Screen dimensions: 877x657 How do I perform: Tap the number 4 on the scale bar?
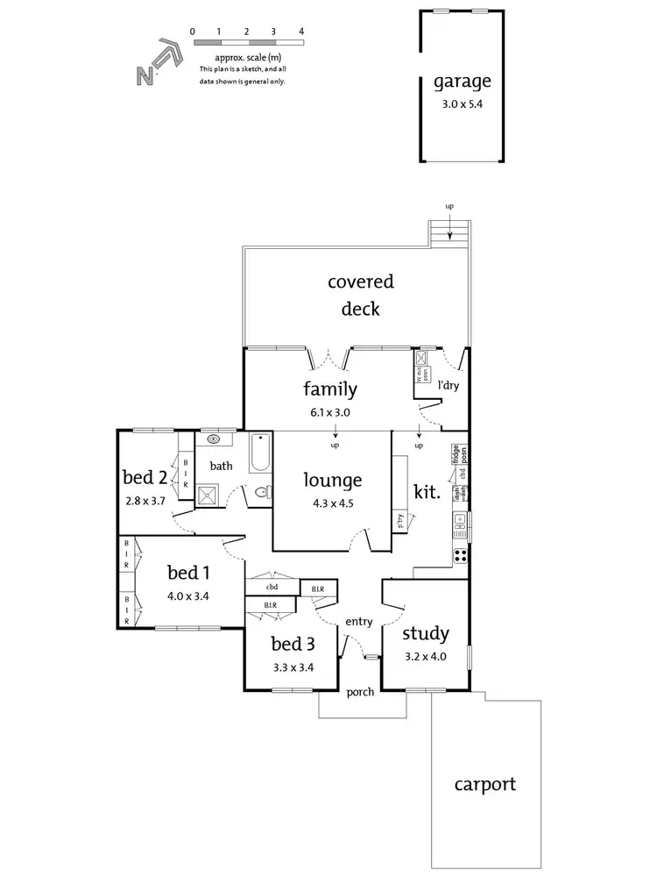[301, 31]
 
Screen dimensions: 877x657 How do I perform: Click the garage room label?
[463, 82]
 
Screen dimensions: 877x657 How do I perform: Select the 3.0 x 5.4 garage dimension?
[463, 102]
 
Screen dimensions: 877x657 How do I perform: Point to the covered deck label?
[360, 295]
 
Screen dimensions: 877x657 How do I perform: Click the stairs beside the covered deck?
[449, 234]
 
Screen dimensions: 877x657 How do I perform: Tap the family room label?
[329, 389]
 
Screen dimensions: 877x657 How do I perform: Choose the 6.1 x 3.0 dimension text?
[329, 410]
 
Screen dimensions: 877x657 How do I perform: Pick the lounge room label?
[332, 480]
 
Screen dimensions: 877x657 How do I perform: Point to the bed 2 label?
[145, 478]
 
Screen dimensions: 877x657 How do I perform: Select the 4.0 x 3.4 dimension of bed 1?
[188, 596]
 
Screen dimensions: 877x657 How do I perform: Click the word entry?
[359, 622]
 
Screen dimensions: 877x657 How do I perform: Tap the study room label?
[426, 633]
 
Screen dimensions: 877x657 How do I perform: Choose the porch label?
[360, 692]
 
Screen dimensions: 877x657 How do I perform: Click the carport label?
[484, 784]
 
